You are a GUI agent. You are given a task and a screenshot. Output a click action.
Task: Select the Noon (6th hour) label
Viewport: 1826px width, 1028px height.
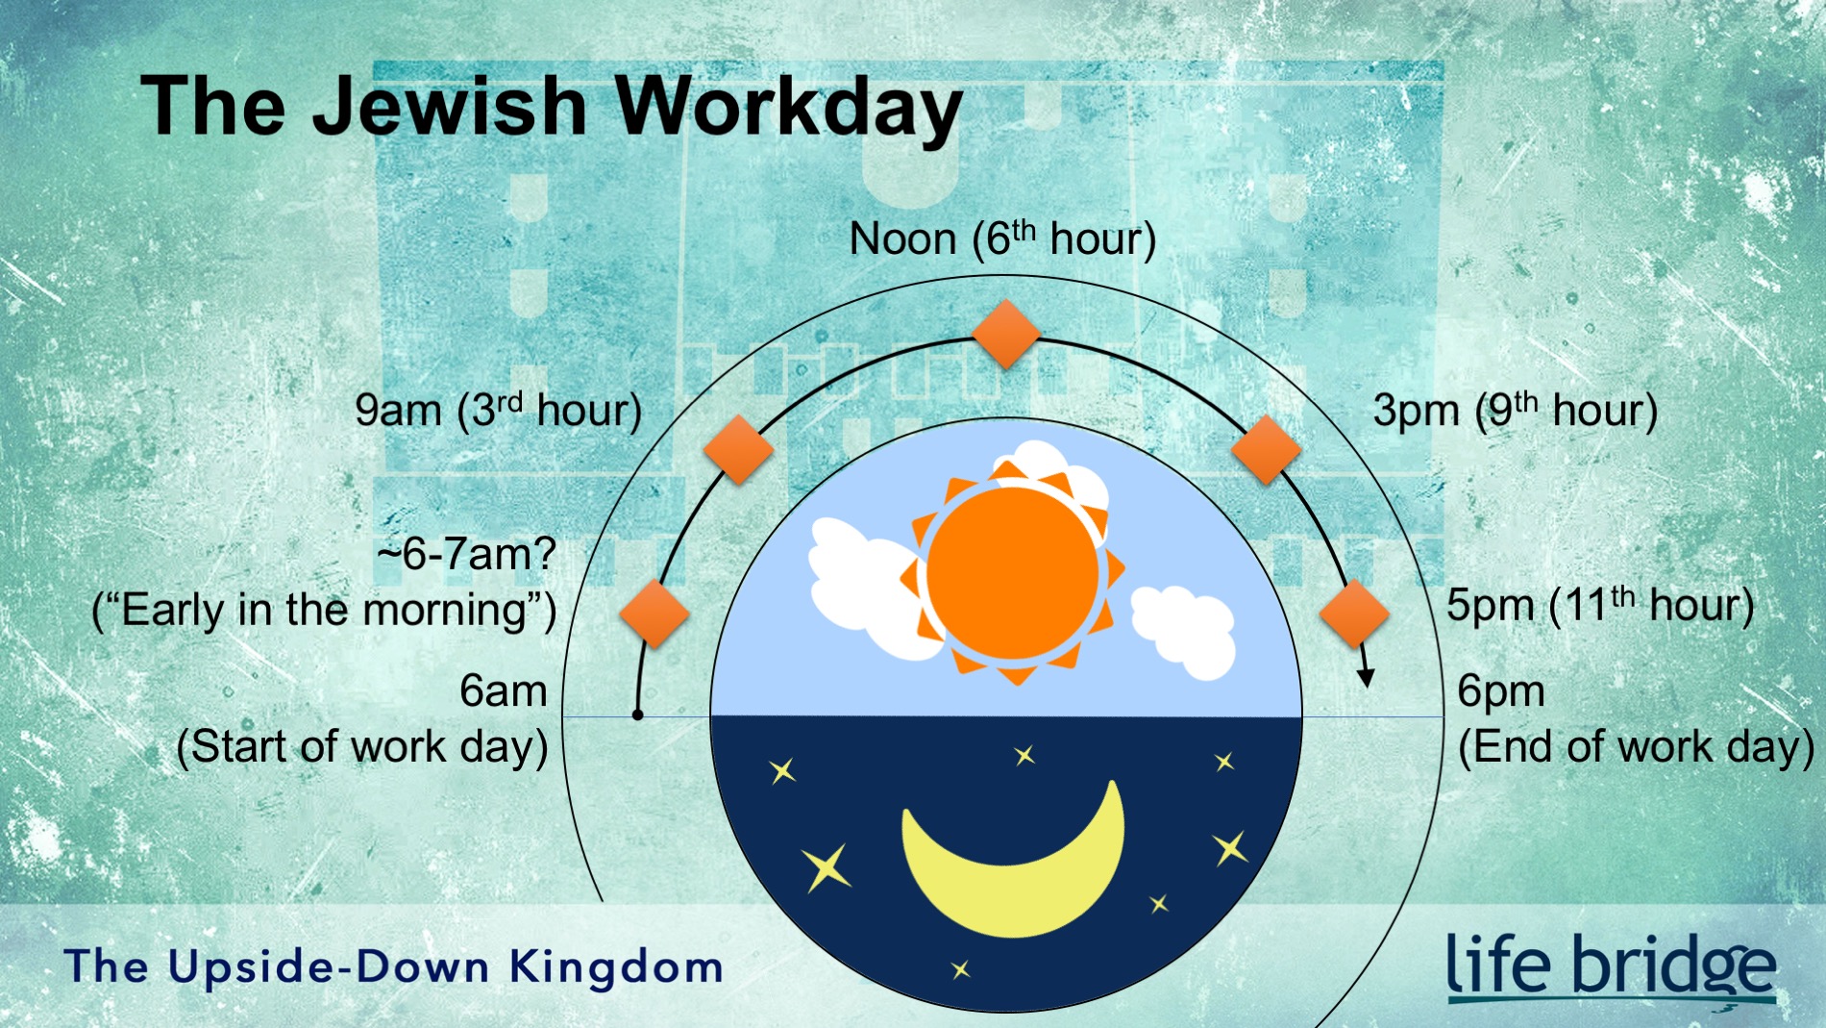point(1002,239)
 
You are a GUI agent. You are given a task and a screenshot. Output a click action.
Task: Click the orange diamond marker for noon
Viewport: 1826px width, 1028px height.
point(1006,334)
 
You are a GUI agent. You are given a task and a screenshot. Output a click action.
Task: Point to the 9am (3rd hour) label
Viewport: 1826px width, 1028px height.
point(498,411)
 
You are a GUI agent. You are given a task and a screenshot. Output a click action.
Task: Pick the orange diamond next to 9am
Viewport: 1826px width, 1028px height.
point(738,449)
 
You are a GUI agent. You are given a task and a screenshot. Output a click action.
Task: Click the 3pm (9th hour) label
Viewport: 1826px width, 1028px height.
point(1515,411)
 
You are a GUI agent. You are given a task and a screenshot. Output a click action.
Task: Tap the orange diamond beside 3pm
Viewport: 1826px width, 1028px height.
point(1266,449)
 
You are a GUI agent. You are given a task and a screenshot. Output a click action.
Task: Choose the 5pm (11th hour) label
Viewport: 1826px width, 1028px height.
point(1600,606)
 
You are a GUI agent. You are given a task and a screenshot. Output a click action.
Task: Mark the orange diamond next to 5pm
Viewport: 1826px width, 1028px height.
point(1354,614)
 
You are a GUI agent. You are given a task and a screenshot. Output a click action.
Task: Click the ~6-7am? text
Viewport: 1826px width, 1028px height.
point(467,555)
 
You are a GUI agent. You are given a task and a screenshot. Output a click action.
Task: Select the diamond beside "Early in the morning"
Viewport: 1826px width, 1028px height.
point(654,614)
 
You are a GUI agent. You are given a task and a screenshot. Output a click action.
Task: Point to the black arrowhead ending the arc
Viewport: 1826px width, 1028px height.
point(1366,677)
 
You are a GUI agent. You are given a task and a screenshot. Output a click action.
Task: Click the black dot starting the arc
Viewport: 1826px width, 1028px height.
point(637,715)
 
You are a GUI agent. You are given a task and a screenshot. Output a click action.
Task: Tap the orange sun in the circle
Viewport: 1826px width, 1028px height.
point(1013,573)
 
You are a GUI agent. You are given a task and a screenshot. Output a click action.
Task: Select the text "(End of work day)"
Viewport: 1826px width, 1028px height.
point(1636,747)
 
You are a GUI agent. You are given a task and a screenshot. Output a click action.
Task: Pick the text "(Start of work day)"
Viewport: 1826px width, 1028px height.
point(362,747)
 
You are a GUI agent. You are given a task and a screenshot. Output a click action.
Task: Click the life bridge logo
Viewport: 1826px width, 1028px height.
point(1611,966)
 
